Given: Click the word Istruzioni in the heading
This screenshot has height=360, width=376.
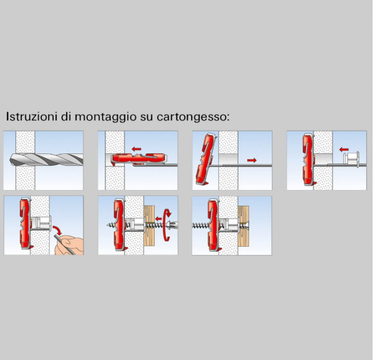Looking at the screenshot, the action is (x=31, y=116).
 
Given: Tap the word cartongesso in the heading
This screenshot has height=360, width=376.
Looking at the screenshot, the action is (x=191, y=117).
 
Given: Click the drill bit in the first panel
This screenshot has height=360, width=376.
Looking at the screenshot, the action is (x=46, y=160).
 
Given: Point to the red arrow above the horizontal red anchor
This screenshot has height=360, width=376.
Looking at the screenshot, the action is (x=136, y=149).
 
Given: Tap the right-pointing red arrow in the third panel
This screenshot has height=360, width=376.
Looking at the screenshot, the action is (x=252, y=160).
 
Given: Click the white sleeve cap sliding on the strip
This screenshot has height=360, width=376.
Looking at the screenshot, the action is (x=351, y=159).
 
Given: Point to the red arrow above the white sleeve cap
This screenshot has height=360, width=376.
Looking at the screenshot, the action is (x=344, y=150).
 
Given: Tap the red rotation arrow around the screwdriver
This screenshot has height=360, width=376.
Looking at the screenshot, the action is (x=167, y=224).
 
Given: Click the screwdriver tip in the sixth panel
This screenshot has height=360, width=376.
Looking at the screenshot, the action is (x=172, y=225).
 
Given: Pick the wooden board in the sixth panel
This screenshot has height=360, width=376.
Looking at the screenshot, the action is (x=149, y=226).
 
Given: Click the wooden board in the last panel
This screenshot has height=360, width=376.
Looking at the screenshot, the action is (x=243, y=226).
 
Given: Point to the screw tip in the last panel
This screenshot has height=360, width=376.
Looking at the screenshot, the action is (x=193, y=225).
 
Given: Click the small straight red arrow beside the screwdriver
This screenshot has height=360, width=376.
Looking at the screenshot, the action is (x=158, y=218).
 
